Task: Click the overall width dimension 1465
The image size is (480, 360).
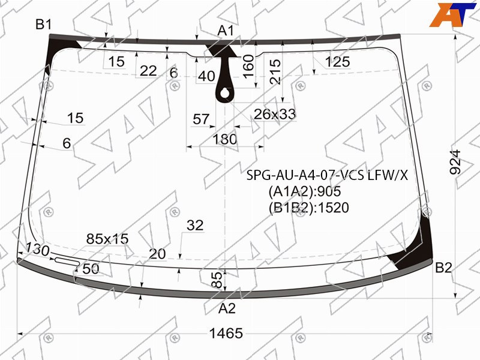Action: coord(226,333)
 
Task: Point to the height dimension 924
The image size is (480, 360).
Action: coord(455,162)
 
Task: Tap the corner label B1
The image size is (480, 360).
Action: coord(44,24)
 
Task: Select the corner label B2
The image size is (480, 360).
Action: coord(443,268)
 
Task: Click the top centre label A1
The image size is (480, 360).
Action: coord(226,31)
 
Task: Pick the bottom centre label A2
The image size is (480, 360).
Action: coord(227,308)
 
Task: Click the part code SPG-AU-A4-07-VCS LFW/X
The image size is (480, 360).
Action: coord(327,175)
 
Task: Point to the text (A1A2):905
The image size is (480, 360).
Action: coord(305,191)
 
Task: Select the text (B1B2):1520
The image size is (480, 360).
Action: coord(309,208)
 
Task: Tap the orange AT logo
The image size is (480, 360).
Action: coord(453,14)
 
